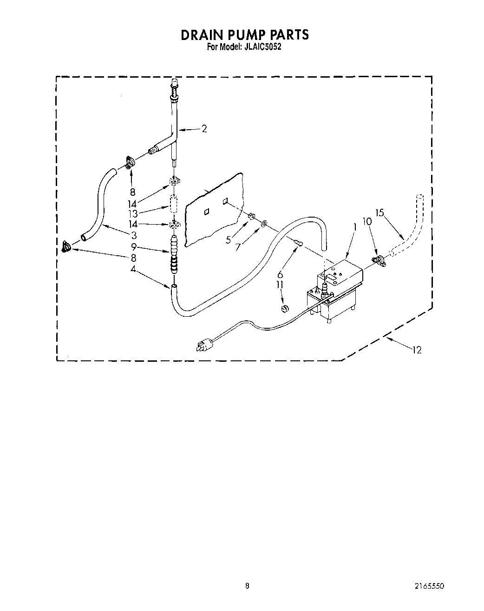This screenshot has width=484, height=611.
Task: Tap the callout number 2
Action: [x=204, y=129]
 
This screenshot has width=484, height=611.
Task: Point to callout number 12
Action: [x=417, y=350]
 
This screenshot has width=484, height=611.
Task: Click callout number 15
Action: [x=380, y=213]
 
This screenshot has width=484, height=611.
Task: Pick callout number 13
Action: [x=133, y=213]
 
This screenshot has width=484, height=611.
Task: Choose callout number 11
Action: [x=280, y=284]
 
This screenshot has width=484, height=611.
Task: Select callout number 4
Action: [x=133, y=269]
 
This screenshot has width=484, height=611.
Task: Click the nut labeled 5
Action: [x=251, y=217]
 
